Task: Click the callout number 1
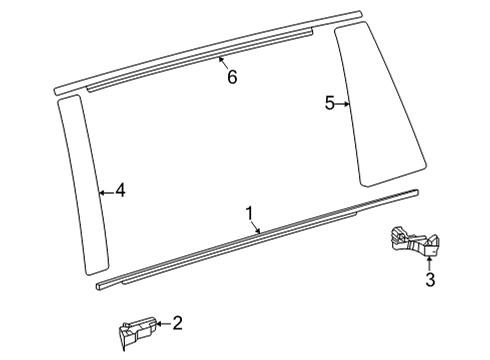pyautogui.click(x=250, y=212)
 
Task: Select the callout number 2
pyautogui.click(x=177, y=322)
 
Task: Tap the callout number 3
pyautogui.click(x=431, y=280)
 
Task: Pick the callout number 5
pyautogui.click(x=331, y=102)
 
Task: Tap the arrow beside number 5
pyautogui.click(x=345, y=102)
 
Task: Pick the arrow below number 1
pyautogui.click(x=257, y=228)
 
